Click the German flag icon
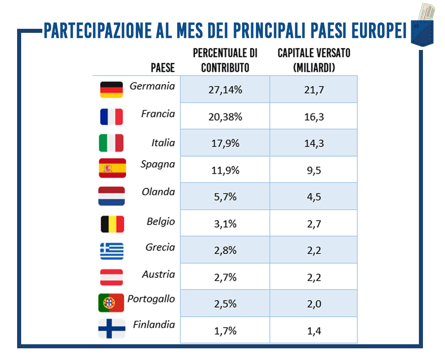click(111, 90)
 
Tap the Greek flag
click(111, 251)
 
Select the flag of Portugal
click(111, 302)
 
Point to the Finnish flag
click(111, 329)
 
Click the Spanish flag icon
click(112, 168)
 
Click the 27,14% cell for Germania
click(225, 90)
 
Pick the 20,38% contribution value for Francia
click(225, 117)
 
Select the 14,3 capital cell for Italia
click(314, 144)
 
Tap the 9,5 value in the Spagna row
click(314, 171)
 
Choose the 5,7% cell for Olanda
click(225, 197)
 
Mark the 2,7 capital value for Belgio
click(314, 224)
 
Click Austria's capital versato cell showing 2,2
click(314, 277)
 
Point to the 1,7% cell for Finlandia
click(225, 332)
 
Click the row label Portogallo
click(151, 299)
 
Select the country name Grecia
click(160, 247)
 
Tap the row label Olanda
click(158, 192)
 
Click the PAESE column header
click(163, 68)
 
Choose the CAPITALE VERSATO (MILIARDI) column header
click(314, 60)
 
